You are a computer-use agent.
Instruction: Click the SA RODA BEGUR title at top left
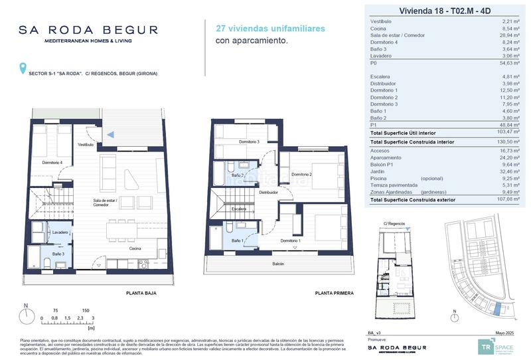point(88,30)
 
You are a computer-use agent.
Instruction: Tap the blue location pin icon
point(24,68)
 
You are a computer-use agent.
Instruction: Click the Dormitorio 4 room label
point(52,162)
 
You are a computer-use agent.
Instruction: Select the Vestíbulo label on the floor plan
point(86,144)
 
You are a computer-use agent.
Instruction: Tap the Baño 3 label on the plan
point(58,254)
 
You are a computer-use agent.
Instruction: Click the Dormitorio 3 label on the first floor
point(249,142)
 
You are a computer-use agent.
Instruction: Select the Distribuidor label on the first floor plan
point(268,192)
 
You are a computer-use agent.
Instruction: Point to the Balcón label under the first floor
point(277,264)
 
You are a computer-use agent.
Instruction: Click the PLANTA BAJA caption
point(141,293)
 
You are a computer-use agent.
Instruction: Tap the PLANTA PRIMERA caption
point(335,293)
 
